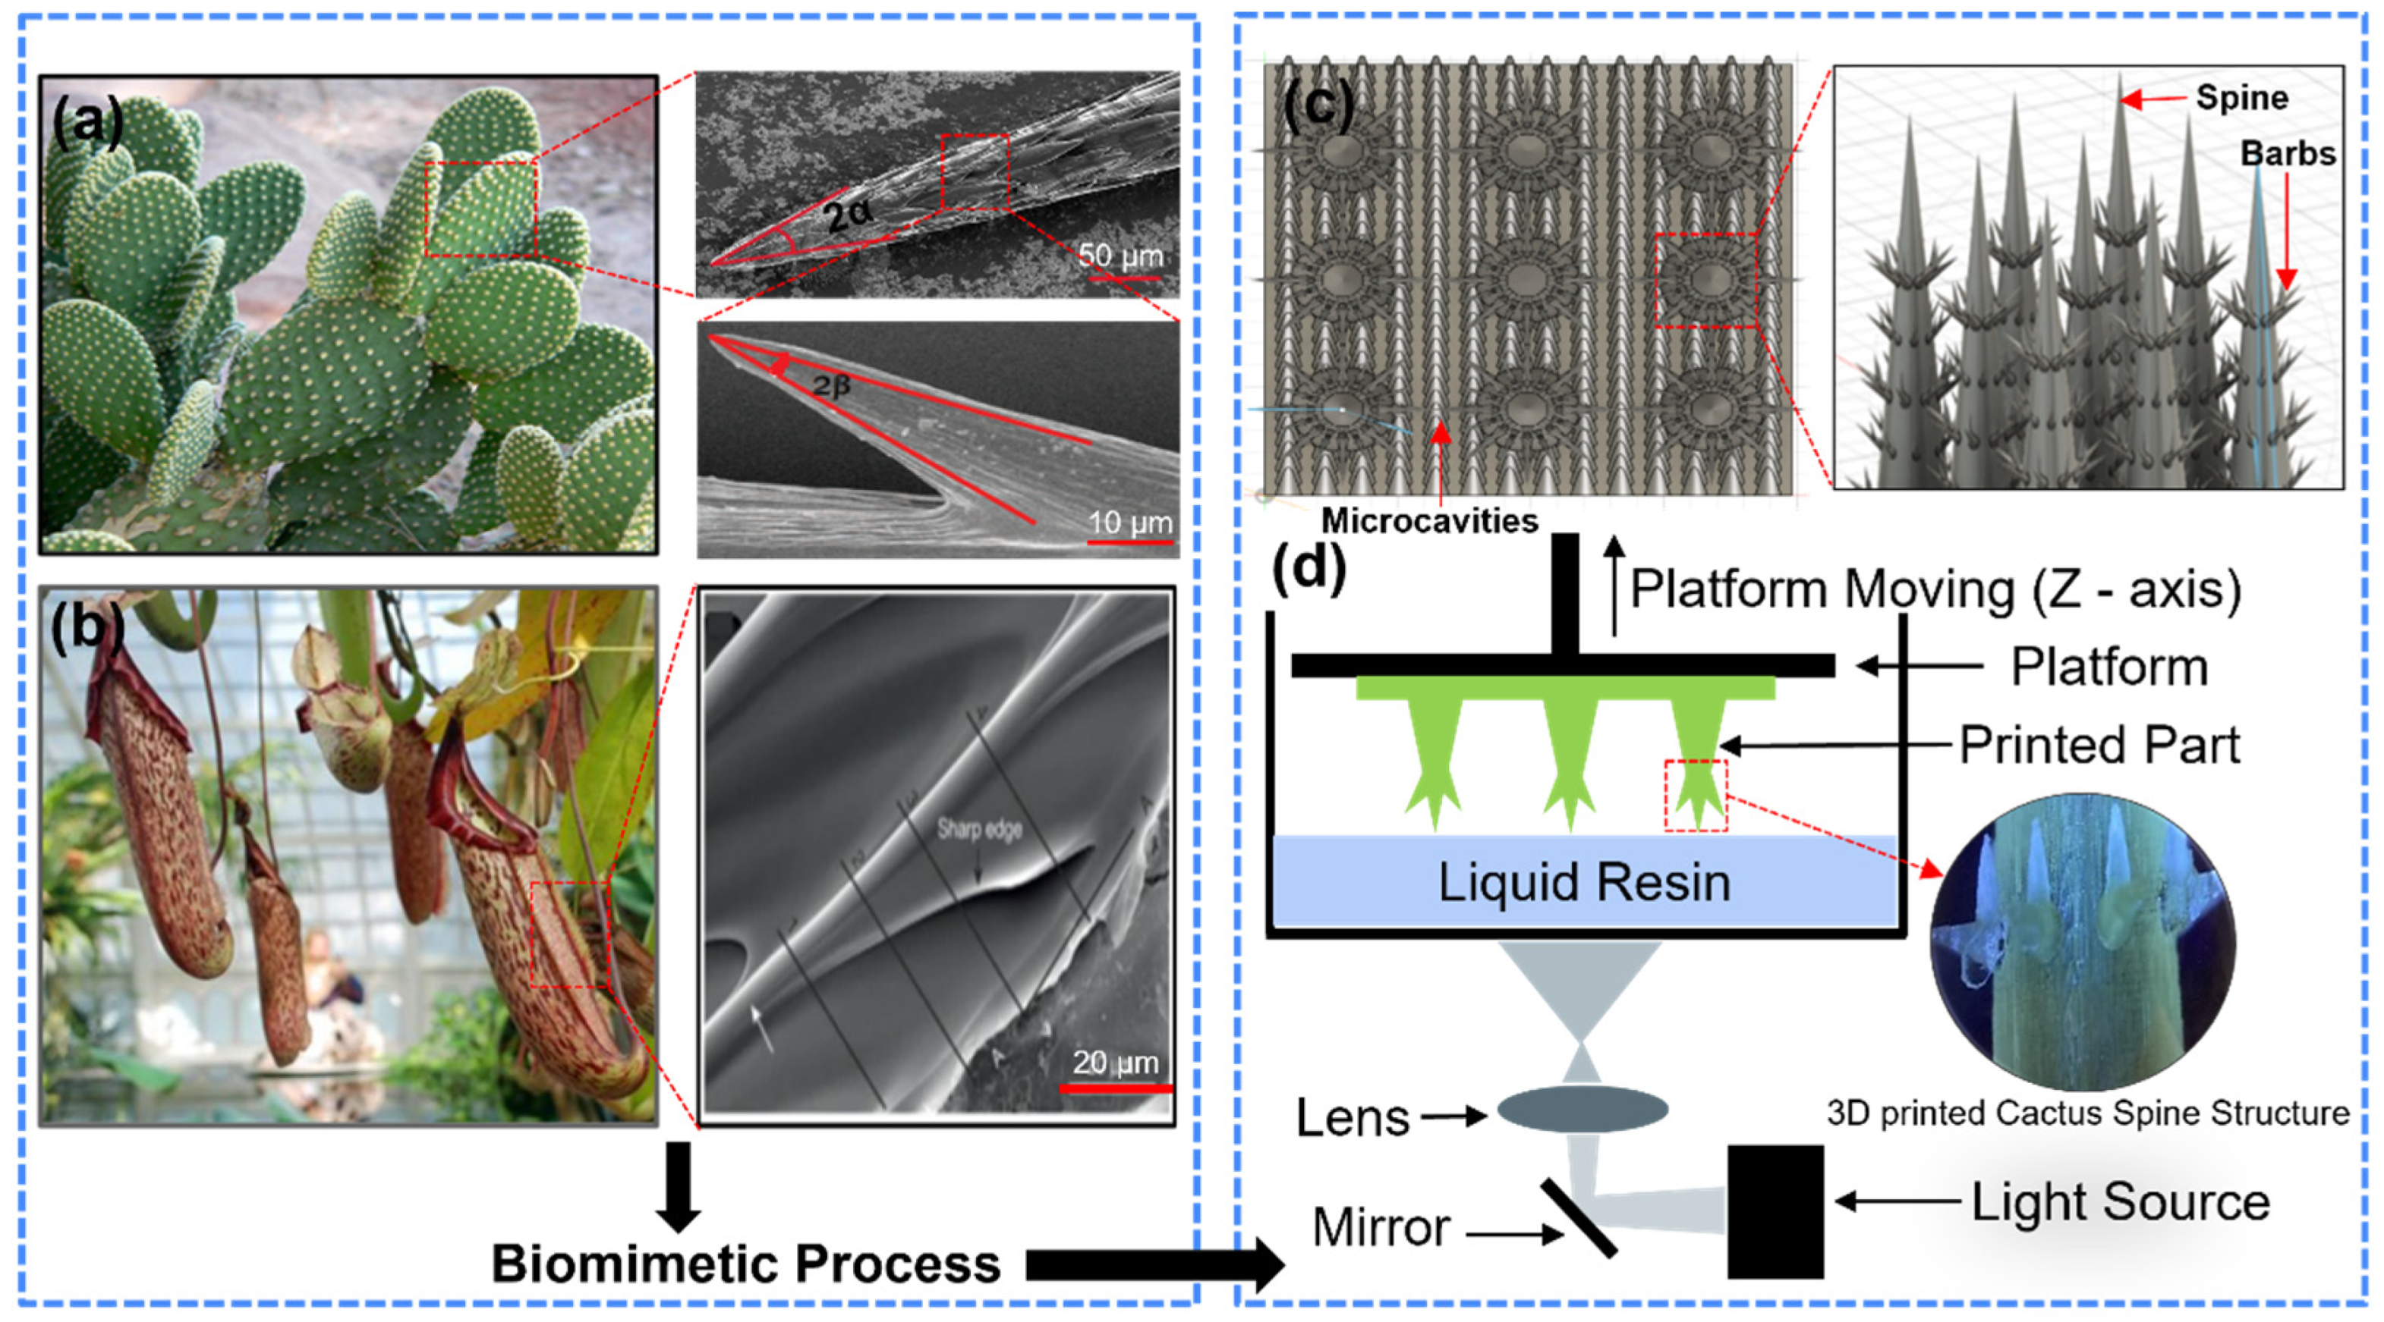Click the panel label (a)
(x=88, y=123)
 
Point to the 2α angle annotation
(x=848, y=215)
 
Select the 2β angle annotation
(x=830, y=385)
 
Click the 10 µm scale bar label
(x=1129, y=523)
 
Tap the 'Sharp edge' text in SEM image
(x=979, y=829)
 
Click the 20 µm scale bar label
(x=1115, y=1062)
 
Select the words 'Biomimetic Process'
(x=745, y=1264)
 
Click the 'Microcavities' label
(x=1429, y=521)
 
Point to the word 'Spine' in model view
(x=2241, y=98)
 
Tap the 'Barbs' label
(x=2288, y=153)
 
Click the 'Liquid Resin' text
(x=1583, y=883)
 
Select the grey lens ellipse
(x=1583, y=1109)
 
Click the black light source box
(x=1775, y=1212)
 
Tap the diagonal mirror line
(x=1579, y=1217)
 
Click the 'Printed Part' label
(x=2099, y=745)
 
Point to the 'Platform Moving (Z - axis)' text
(x=1934, y=589)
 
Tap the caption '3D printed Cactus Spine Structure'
(x=2088, y=1113)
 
